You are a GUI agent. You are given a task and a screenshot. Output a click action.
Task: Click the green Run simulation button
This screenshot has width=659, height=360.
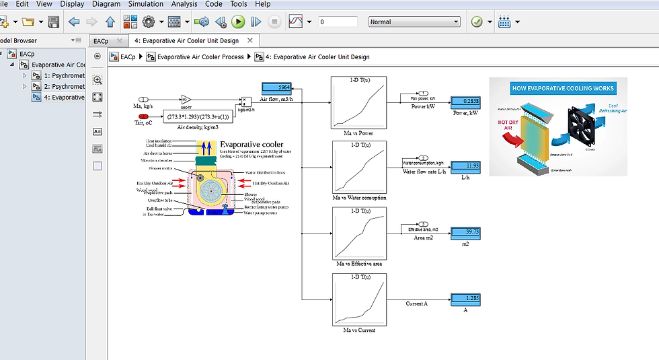(238, 22)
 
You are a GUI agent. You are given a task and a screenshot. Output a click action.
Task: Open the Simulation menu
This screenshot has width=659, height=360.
(146, 4)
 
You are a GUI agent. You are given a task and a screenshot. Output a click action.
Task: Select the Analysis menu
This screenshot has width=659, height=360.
(184, 4)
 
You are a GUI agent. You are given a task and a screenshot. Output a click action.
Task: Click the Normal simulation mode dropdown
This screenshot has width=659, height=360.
(414, 22)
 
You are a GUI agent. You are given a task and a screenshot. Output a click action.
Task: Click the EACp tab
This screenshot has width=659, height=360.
(101, 41)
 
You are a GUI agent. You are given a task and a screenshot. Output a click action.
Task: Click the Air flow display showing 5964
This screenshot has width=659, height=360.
(275, 87)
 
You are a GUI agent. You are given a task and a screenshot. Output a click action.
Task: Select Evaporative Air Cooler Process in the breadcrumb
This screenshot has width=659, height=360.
(200, 57)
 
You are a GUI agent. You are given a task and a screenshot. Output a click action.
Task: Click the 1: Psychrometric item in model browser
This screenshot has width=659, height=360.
(64, 75)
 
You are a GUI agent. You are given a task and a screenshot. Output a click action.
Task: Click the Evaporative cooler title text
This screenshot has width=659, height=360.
(251, 144)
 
